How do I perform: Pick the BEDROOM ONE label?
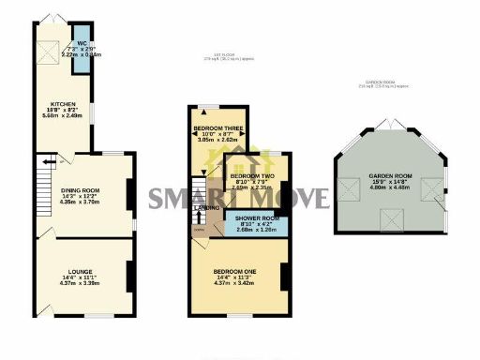236,273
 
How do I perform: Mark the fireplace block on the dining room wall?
128,195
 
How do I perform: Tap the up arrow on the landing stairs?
200,217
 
